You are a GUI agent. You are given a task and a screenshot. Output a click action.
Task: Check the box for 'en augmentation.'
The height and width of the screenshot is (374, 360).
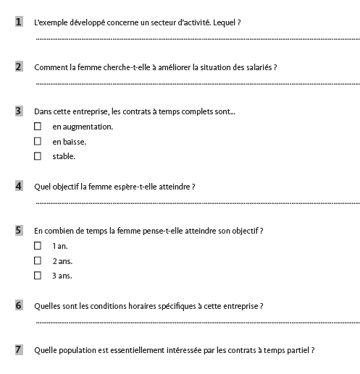click(38, 127)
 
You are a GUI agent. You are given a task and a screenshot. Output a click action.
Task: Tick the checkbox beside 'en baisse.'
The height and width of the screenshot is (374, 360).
click(38, 141)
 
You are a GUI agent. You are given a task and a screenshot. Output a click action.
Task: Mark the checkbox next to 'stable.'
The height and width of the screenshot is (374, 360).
click(38, 156)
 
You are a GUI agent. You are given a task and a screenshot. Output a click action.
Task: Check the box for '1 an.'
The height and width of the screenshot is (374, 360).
click(38, 246)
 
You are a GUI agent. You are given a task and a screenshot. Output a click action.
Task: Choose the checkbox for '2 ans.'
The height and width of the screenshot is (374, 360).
click(38, 260)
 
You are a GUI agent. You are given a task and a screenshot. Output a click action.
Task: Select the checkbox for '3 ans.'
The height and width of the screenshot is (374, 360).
click(38, 276)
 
